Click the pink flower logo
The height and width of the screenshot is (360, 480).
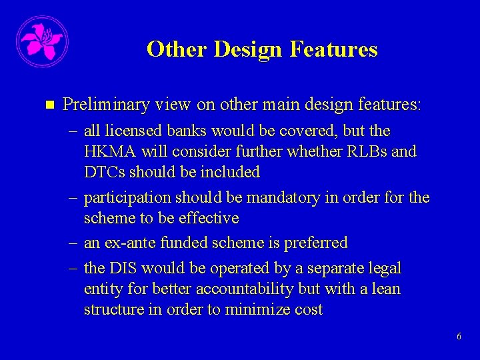point(41,41)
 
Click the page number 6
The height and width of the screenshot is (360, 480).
point(459,337)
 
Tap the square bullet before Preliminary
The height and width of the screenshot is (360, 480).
point(47,105)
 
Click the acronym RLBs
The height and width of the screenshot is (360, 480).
point(369,151)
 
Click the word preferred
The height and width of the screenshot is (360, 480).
point(316,243)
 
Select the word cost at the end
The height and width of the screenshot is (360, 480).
point(306,310)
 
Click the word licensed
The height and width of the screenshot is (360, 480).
point(127,131)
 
